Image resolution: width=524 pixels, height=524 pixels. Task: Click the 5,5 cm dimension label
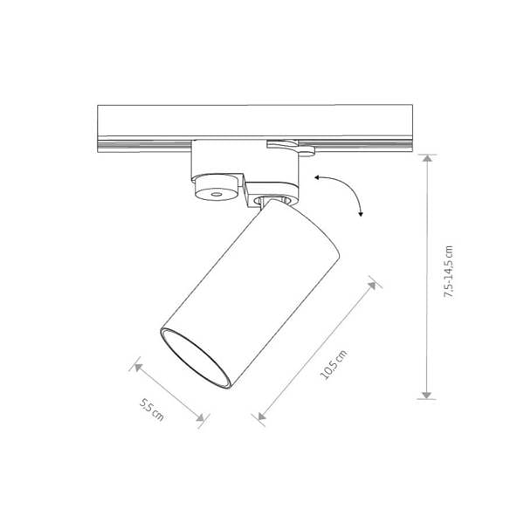click(152, 410)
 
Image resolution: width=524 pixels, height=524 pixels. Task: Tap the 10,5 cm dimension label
click(334, 365)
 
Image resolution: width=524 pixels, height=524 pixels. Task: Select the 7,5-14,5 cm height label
click(448, 272)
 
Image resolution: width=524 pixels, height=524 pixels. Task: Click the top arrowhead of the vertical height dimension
click(427, 158)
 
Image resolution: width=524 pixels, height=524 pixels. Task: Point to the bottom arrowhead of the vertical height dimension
click(427, 396)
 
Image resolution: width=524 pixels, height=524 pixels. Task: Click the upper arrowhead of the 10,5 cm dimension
click(372, 286)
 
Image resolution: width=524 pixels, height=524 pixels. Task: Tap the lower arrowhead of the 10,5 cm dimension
click(262, 416)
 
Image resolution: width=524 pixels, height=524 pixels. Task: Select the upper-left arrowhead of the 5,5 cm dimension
click(138, 368)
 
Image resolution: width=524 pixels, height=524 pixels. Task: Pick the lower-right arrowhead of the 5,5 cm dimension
click(200, 417)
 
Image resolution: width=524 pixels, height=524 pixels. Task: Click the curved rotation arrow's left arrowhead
click(316, 178)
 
